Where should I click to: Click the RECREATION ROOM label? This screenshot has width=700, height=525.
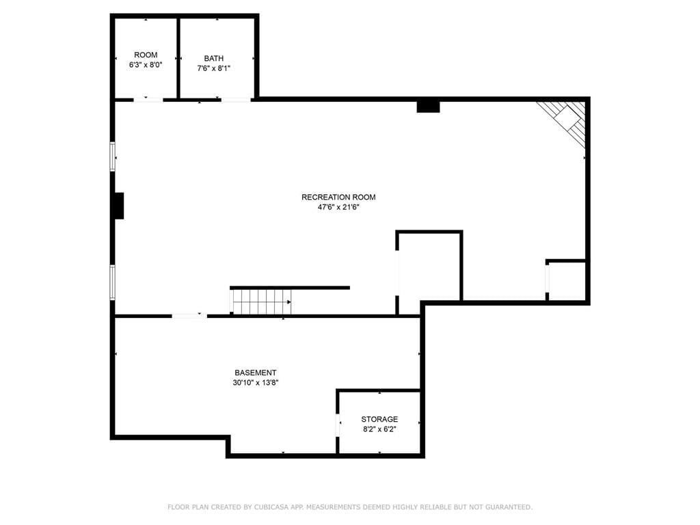pos(338,197)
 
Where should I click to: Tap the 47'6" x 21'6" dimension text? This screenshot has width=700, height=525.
pos(338,207)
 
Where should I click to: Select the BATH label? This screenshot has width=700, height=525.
pos(214,58)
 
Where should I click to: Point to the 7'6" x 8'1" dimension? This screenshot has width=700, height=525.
pos(214,68)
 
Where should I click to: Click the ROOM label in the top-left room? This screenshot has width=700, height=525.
pos(146,55)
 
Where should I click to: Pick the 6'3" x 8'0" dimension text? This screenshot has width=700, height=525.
pos(146,65)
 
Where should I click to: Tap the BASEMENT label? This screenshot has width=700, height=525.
pos(256,373)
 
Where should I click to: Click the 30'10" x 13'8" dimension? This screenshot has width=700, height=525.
pos(256,383)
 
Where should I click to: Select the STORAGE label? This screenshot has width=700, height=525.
pos(379,419)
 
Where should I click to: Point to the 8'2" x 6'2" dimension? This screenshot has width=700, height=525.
pos(379,429)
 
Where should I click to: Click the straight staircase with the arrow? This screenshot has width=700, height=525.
pos(261,301)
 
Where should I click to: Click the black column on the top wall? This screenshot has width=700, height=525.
pos(428,107)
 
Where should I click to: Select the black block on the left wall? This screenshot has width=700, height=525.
pos(119,206)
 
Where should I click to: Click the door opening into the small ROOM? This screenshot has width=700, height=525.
pos(148,100)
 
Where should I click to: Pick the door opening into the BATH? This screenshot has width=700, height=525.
pos(236,100)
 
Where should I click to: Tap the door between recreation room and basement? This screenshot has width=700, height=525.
pos(189,316)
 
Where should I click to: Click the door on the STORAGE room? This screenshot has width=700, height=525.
pos(338,425)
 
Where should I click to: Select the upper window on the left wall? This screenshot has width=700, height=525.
pos(113,157)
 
